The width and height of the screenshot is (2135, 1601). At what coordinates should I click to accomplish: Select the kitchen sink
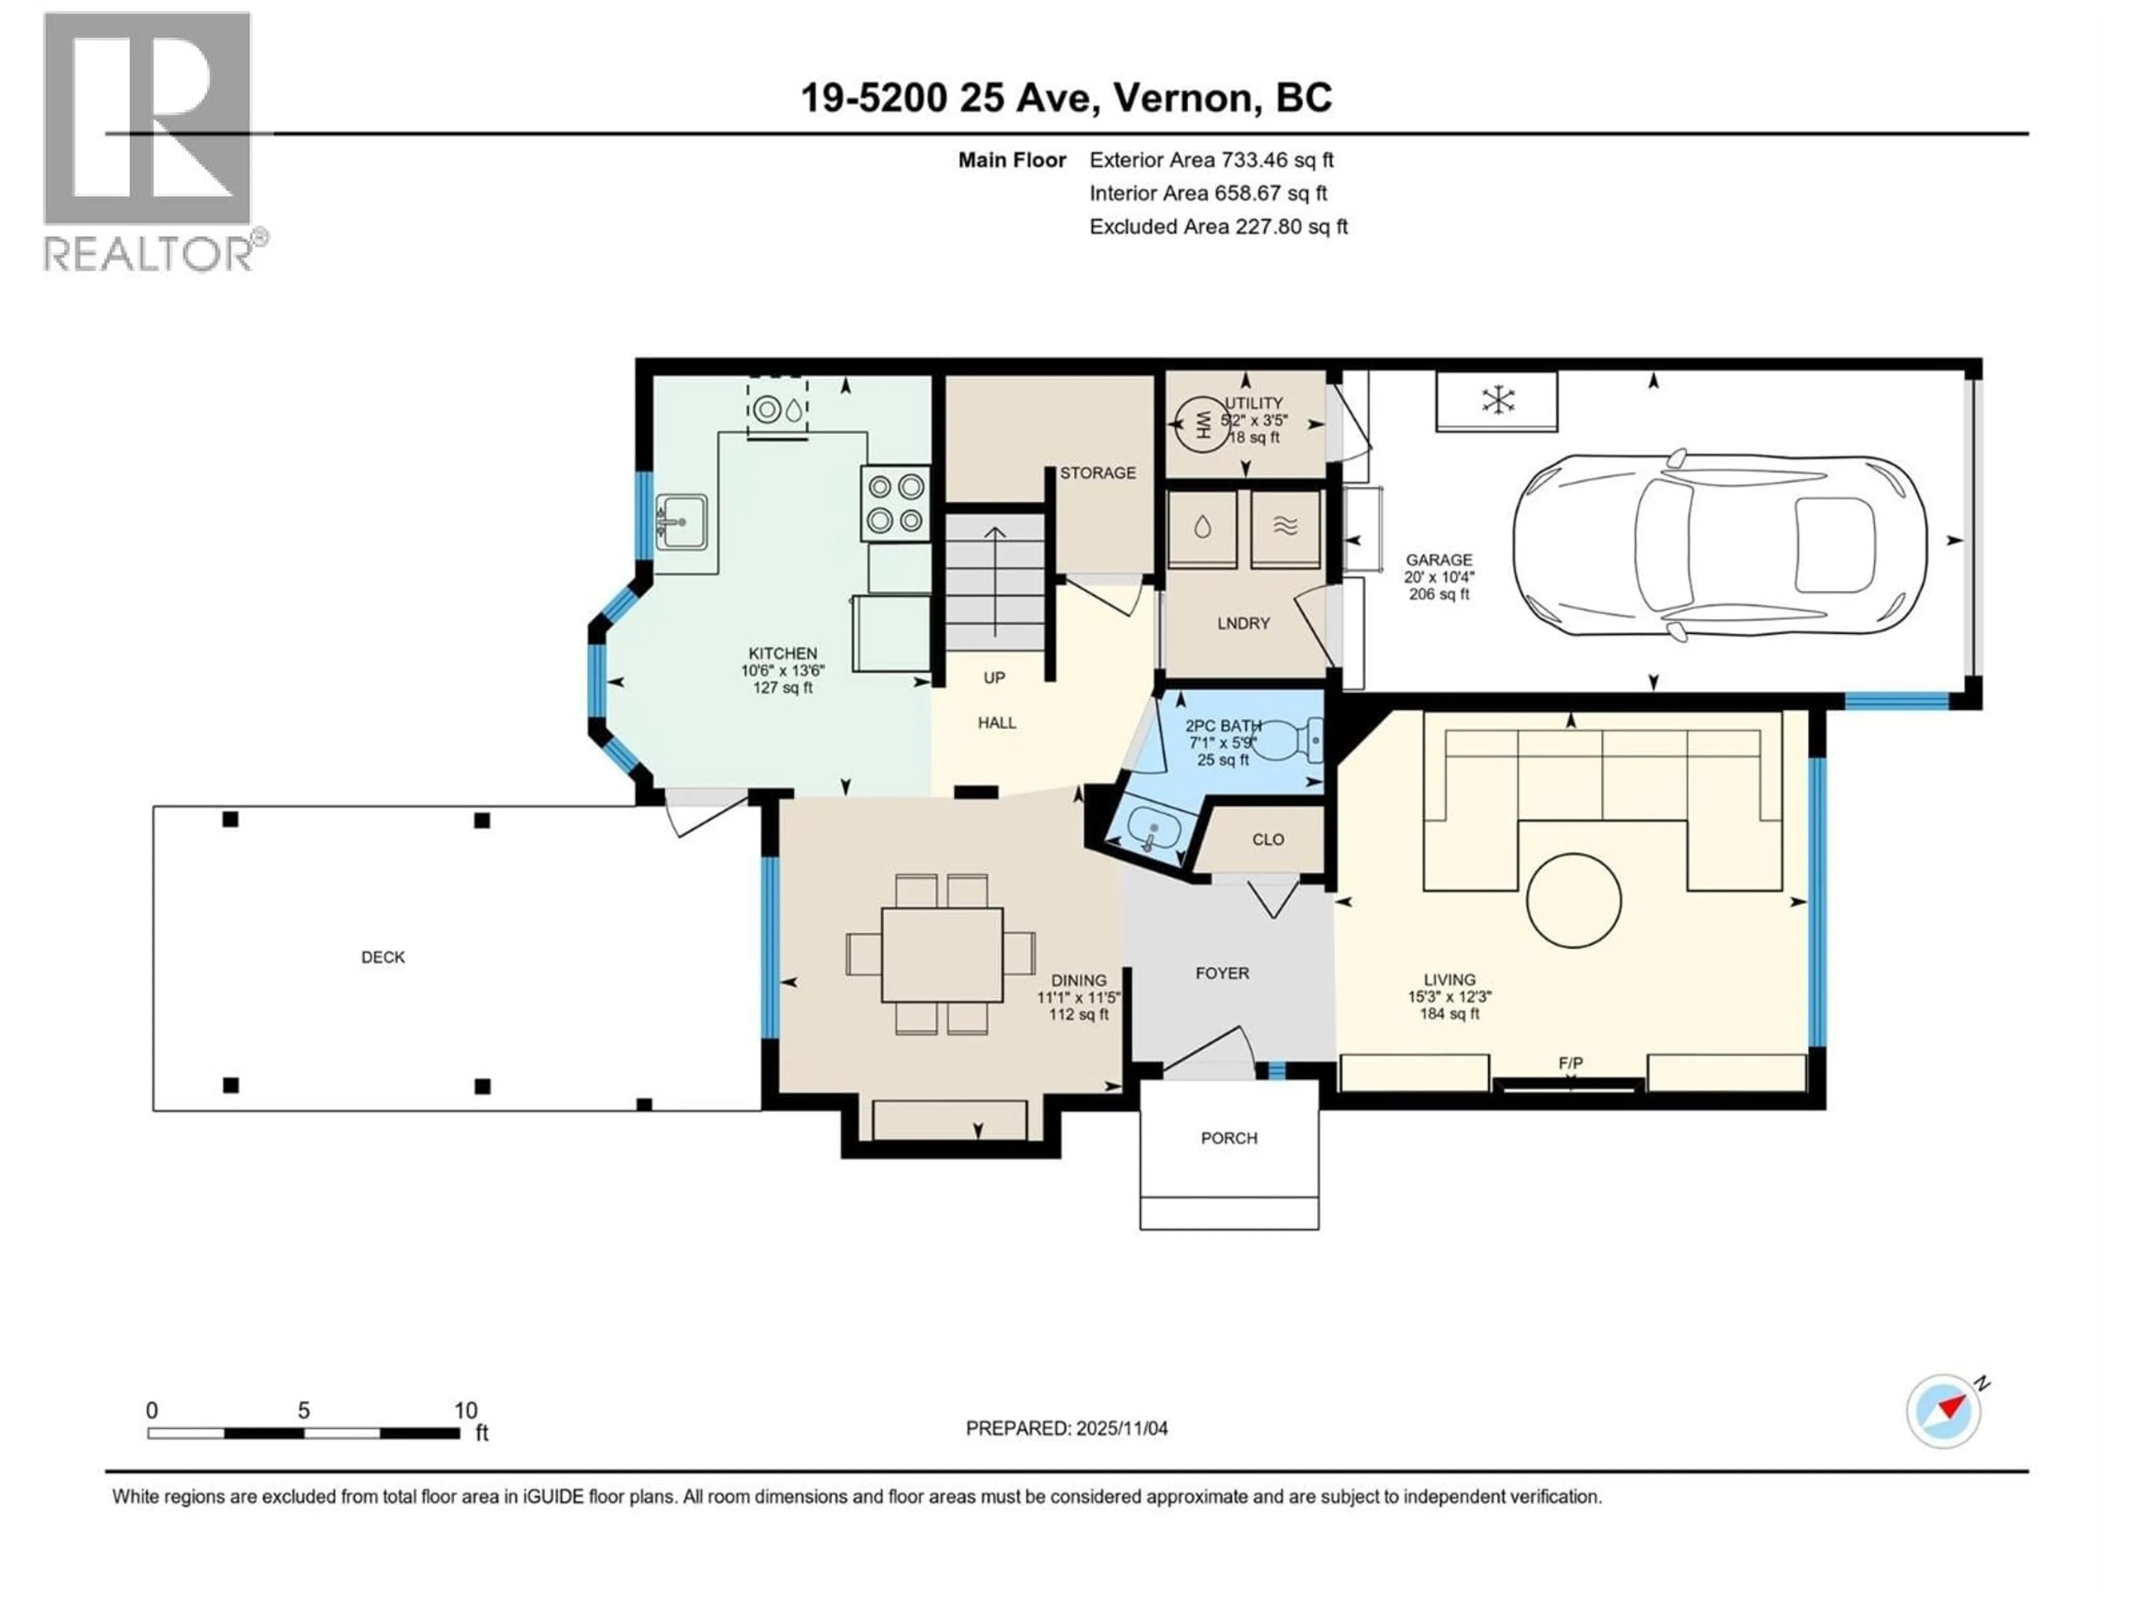pos(682,522)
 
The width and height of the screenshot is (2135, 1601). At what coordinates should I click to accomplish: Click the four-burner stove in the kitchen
pos(895,503)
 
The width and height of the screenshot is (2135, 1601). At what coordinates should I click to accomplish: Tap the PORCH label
pos(1229,1138)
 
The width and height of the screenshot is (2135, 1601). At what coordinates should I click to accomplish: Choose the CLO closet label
pos(1267,839)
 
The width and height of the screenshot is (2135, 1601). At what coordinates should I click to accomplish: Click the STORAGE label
pos(1098,473)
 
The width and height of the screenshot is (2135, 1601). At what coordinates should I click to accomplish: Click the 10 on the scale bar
pos(465,1410)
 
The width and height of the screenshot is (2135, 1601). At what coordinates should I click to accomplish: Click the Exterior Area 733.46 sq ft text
pos(1212,160)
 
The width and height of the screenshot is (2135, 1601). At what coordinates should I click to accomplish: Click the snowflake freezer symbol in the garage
pos(1497,400)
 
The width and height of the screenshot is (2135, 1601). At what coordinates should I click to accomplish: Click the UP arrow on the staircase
pos(995,579)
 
